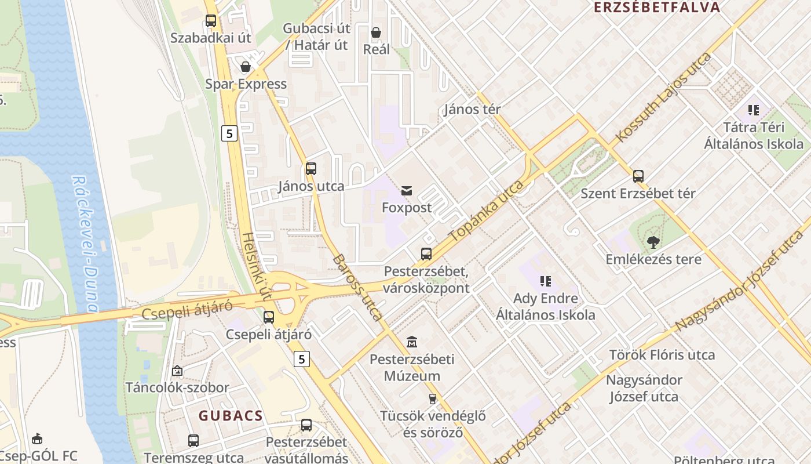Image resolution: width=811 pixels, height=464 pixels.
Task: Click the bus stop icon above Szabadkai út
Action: [x=211, y=21]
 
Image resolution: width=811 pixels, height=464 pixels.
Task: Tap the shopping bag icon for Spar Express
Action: [x=246, y=67]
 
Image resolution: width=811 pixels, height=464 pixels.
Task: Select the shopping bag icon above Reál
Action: [x=376, y=32]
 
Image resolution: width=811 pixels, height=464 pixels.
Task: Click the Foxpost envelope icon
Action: [x=407, y=190]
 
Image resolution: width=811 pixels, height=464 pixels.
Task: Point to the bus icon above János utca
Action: [x=311, y=169]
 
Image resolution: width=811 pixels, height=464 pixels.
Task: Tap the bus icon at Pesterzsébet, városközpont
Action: [x=426, y=253]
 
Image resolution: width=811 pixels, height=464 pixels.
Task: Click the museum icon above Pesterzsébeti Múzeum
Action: [x=412, y=342]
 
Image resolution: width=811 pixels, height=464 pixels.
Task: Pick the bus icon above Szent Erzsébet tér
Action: [x=638, y=176]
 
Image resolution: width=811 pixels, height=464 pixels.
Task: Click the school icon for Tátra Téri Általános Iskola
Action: [x=754, y=110]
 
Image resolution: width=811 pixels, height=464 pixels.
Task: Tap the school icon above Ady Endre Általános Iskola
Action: [x=546, y=281]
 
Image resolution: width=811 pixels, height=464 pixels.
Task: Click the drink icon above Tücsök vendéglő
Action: [x=432, y=398]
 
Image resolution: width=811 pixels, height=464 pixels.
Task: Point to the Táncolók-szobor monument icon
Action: [x=177, y=370]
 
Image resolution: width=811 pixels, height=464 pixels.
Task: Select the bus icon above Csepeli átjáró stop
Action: [x=269, y=317]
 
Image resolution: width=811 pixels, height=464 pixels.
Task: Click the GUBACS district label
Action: [x=231, y=415]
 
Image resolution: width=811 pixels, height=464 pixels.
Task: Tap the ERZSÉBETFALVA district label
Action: [x=657, y=8]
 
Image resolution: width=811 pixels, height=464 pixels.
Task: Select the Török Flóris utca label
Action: [x=662, y=354]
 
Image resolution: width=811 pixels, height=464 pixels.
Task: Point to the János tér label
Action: [x=472, y=109]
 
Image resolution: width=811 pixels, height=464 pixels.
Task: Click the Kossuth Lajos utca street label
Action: [x=664, y=97]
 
